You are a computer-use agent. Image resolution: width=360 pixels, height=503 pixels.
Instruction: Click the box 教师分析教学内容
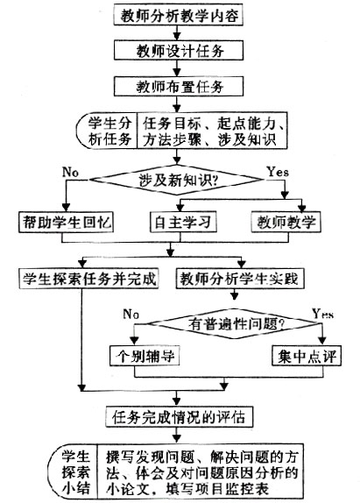178,15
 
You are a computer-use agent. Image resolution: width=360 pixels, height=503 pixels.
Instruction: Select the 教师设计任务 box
179,50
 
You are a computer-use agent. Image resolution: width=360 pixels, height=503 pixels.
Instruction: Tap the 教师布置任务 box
179,86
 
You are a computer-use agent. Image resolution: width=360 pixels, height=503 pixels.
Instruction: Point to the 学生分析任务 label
109,131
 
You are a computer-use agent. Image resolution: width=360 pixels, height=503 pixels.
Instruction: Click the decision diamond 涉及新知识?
177,180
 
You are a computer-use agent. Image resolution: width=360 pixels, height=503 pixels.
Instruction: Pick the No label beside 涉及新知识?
70,173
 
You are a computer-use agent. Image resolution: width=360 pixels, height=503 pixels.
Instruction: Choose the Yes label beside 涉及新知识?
278,172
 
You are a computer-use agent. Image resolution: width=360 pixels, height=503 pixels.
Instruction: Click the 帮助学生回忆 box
66,222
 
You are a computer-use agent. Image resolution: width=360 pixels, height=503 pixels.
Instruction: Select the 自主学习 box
183,222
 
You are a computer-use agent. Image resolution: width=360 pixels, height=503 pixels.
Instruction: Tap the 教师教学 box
286,222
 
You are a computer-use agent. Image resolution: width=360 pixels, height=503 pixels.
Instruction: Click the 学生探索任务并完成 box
88,279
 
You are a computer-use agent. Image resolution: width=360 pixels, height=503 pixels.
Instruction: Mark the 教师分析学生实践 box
240,279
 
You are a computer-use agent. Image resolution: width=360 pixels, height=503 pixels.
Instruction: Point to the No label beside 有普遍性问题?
131,314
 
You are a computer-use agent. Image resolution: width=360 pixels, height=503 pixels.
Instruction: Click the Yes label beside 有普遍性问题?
323,314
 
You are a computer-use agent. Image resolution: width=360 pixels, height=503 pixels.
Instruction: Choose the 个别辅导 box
145,356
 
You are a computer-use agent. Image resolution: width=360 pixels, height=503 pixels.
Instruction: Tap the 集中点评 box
307,356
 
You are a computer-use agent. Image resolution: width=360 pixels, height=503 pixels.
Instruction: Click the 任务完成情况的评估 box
179,417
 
